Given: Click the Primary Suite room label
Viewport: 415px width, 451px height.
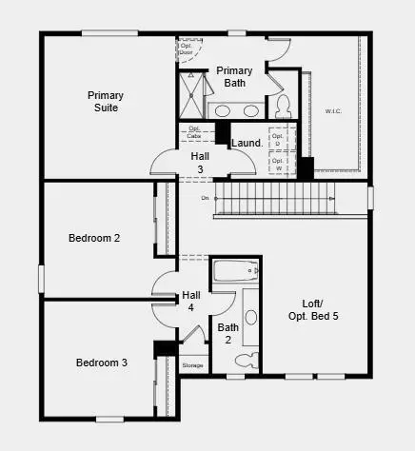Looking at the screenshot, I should (106, 102).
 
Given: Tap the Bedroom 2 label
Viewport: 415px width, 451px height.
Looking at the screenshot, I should (93, 238).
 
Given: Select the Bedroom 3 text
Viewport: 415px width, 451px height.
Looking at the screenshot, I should (102, 363).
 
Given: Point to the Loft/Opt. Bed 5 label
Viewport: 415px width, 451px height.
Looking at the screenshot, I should (314, 309).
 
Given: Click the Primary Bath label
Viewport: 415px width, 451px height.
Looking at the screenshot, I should (234, 77).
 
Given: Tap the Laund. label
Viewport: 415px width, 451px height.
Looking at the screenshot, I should (247, 144).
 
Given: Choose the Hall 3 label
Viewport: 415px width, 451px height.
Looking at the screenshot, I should (200, 162).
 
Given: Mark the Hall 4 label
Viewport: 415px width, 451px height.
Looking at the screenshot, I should (190, 301).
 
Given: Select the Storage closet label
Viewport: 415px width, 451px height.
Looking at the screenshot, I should (193, 365).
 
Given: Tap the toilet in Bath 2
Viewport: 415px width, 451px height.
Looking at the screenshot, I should (247, 360).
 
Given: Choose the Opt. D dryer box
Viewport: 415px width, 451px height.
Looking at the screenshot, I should (278, 137).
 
